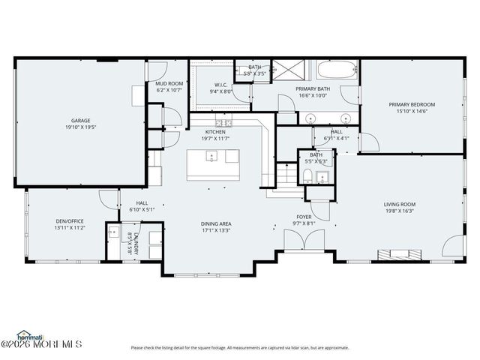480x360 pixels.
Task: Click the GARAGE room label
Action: pos(80,120)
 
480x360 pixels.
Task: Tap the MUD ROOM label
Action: pos(169,83)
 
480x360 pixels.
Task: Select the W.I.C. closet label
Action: pos(221,85)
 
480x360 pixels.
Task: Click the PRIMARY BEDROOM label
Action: pos(412,104)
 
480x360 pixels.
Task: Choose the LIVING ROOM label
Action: pos(400,204)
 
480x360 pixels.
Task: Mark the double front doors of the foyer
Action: pos(304,241)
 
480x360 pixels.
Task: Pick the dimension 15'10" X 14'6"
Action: pos(412,111)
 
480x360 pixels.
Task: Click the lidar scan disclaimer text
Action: pos(240,347)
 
